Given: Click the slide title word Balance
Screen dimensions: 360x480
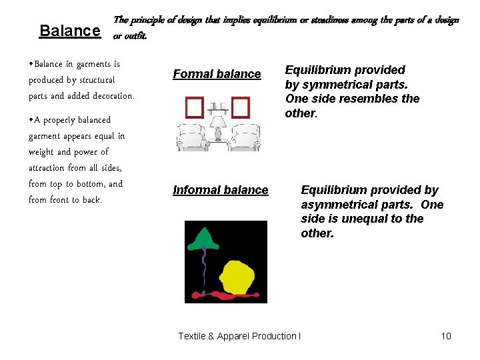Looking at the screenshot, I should coord(69,31).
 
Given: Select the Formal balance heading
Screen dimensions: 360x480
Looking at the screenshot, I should coord(217,74).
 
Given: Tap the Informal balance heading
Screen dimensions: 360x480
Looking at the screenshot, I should coord(220,190).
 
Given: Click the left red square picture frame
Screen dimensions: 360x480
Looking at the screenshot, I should coord(195,107).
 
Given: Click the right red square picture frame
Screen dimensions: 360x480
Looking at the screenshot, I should coord(240,107).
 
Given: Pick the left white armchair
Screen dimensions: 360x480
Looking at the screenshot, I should coord(193,138).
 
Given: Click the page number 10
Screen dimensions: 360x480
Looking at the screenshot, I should coord(446,336).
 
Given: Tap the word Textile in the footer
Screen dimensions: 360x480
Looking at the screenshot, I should coord(192,336).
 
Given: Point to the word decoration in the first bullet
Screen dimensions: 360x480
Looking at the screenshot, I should coord(111,96).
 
